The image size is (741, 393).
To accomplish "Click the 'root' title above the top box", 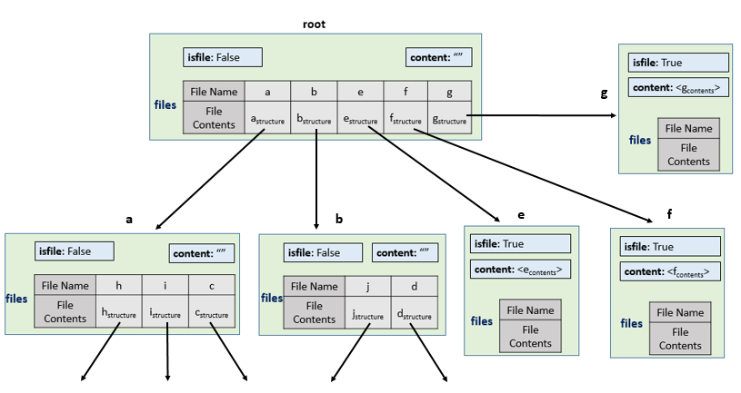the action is [x=314, y=25].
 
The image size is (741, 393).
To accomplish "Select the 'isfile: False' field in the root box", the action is [x=223, y=57].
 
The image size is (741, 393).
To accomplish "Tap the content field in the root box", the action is [x=438, y=57].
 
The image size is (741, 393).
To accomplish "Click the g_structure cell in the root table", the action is [x=449, y=117].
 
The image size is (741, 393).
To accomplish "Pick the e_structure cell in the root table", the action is [x=361, y=117].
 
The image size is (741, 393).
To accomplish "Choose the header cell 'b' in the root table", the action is [x=314, y=91].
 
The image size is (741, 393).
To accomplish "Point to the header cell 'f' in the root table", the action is [x=406, y=91].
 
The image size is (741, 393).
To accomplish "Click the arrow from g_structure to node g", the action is [x=542, y=115].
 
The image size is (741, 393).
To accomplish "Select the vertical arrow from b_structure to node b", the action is [x=316, y=180].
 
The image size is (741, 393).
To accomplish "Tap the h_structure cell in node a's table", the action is [x=118, y=311].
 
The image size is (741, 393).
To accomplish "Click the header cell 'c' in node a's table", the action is [x=212, y=285].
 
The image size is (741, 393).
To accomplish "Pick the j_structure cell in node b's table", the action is [x=367, y=312].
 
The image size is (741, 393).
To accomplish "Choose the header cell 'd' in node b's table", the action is [x=415, y=287].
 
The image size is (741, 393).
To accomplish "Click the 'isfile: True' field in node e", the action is [x=520, y=244].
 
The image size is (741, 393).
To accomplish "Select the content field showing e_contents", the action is [x=520, y=270].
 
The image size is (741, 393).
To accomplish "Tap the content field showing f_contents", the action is [x=670, y=271].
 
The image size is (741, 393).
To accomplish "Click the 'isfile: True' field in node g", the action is [x=678, y=63].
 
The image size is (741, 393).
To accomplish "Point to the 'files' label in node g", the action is [x=640, y=140].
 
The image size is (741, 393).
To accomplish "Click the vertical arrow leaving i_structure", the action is [x=167, y=351].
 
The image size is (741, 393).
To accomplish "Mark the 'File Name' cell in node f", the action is [x=680, y=312].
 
